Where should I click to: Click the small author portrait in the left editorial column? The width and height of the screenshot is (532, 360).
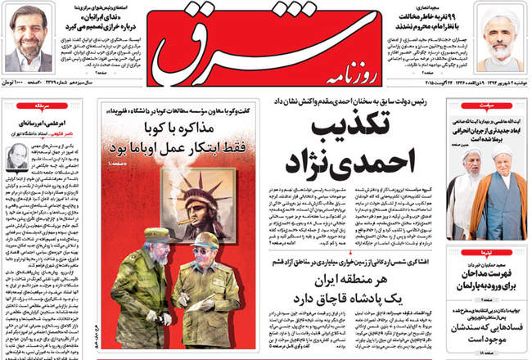pyautogui.click(x=18, y=155)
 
